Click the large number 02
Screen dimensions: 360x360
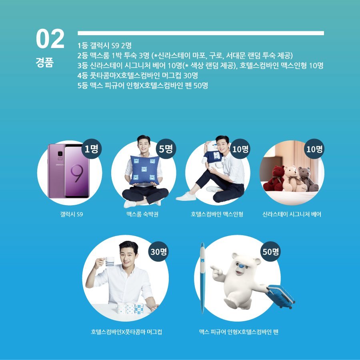tap(50, 39)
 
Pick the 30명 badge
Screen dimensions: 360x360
tap(159, 251)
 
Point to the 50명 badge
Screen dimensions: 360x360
tap(271, 251)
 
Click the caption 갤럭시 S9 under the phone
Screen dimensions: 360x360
tap(71, 214)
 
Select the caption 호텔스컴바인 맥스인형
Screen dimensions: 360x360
tap(217, 214)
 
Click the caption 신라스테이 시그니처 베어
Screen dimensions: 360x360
tap(292, 214)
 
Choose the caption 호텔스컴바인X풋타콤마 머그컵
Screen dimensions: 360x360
tap(126, 332)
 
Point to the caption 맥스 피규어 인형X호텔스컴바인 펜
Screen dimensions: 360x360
tap(238, 332)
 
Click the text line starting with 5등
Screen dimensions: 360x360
tap(143, 85)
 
